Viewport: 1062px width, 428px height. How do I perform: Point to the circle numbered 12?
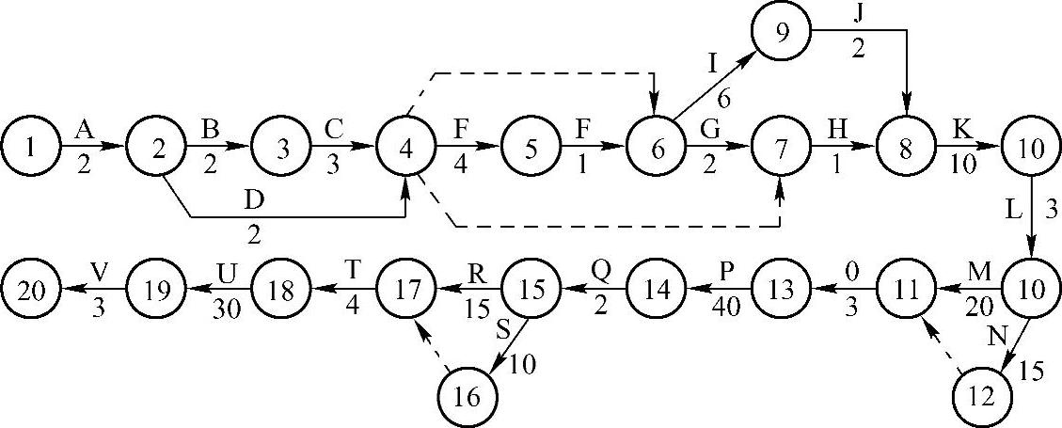coord(983,398)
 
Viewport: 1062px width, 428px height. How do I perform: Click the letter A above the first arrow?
coord(84,129)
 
